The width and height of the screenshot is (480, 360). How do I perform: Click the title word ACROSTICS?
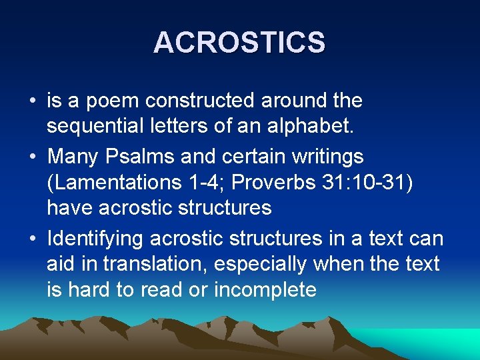(x=239, y=43)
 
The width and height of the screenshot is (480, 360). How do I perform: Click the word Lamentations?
(x=113, y=182)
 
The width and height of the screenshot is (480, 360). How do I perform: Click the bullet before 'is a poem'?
(x=31, y=102)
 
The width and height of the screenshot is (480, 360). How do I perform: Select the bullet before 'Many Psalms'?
(x=31, y=158)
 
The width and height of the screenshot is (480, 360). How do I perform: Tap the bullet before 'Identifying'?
(x=31, y=239)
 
